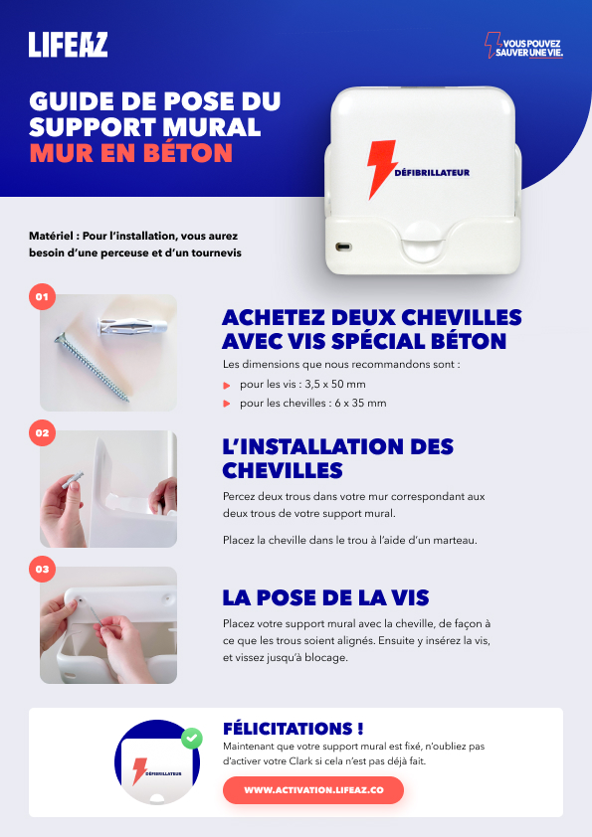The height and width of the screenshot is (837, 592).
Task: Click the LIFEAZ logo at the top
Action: [x=68, y=45]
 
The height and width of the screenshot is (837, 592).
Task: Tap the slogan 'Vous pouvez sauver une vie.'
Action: [x=523, y=47]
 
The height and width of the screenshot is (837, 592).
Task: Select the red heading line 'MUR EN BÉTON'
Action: [x=131, y=153]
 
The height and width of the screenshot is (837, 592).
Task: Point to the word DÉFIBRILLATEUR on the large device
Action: [x=432, y=172]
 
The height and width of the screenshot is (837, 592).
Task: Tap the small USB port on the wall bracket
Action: [x=343, y=248]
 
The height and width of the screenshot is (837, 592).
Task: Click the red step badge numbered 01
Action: [x=42, y=297]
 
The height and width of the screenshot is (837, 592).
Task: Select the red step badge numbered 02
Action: [x=42, y=432]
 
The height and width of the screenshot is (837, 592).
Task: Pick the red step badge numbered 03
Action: [x=42, y=569]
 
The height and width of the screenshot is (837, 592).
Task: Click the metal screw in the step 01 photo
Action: [x=92, y=366]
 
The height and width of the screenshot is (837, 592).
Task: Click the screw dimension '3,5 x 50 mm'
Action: [x=335, y=385]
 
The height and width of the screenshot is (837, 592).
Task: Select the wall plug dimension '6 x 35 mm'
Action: [x=360, y=403]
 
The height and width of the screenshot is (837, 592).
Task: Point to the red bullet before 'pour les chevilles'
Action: [x=227, y=404]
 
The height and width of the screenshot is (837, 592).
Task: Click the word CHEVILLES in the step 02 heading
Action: [x=283, y=471]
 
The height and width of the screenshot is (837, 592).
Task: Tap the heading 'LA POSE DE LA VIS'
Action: [x=326, y=597]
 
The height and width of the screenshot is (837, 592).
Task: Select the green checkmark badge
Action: [x=192, y=739]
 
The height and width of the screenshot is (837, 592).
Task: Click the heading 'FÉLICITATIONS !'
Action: [x=294, y=729]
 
